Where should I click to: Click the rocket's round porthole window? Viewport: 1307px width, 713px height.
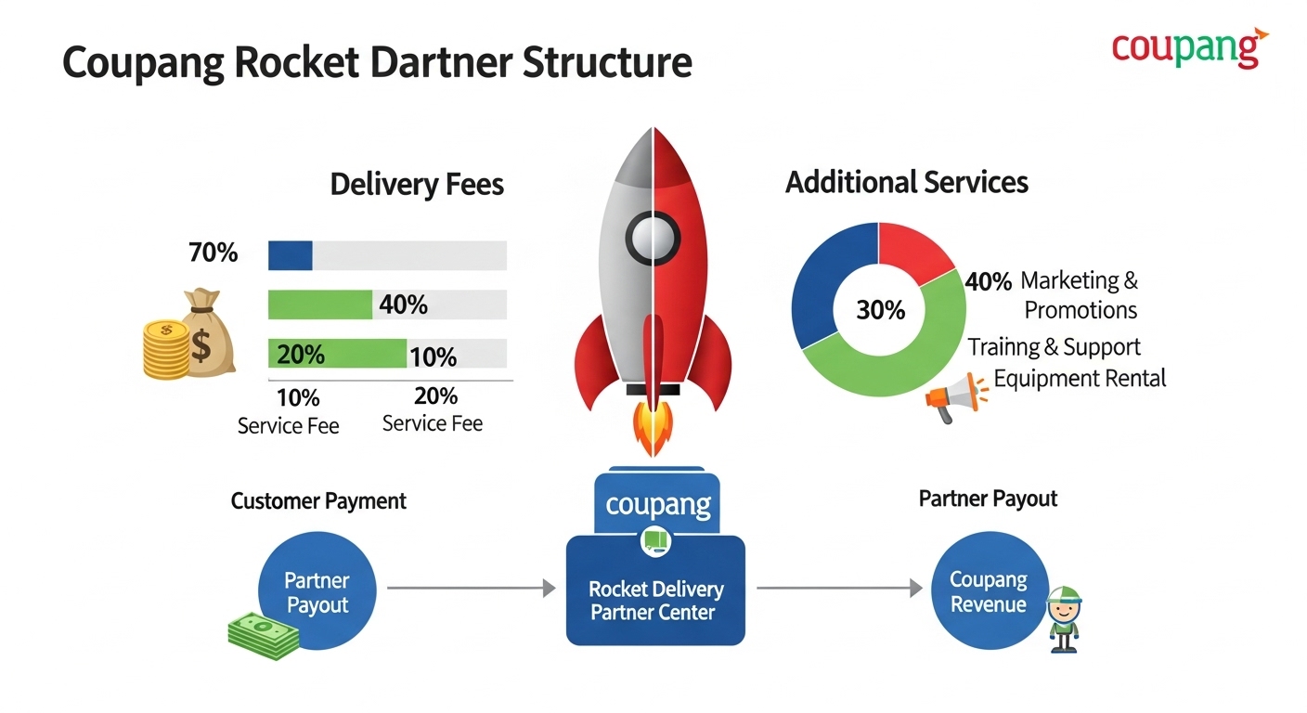[x=653, y=238]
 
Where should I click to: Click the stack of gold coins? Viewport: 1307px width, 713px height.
[x=164, y=350]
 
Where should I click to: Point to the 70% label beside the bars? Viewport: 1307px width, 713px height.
[x=213, y=253]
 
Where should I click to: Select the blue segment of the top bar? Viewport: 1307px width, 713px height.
[x=290, y=255]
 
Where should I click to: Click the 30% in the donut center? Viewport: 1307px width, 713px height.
[x=880, y=309]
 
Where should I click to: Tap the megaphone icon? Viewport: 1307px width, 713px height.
[x=952, y=397]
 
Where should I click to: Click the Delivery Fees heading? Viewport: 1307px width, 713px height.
[x=417, y=184]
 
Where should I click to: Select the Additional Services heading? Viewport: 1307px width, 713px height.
[x=906, y=182]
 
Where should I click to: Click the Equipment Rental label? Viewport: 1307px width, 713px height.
[x=1080, y=379]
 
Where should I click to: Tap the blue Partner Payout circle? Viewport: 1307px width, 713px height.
[x=317, y=592]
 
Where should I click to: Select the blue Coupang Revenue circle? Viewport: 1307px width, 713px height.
[x=989, y=592]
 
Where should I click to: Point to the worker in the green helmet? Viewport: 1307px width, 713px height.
[x=1064, y=617]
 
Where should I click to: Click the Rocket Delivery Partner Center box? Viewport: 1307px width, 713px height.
[x=655, y=590]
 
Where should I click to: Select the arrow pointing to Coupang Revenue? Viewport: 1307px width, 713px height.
[x=840, y=588]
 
